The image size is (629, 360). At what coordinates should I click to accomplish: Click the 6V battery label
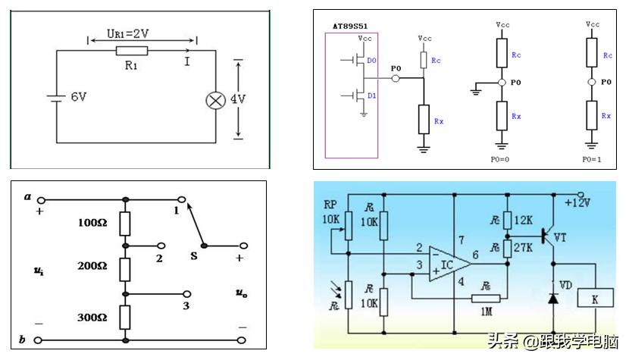79,98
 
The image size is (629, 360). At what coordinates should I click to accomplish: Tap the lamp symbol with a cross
216,100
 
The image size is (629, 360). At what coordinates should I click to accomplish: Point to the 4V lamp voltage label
238,99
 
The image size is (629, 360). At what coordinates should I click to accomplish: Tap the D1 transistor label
371,95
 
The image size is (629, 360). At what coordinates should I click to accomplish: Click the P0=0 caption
499,160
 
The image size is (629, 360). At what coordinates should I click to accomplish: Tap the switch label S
194,256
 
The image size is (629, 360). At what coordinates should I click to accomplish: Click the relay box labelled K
595,300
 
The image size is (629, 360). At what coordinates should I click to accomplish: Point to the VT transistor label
582,237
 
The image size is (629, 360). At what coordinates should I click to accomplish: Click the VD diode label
565,285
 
